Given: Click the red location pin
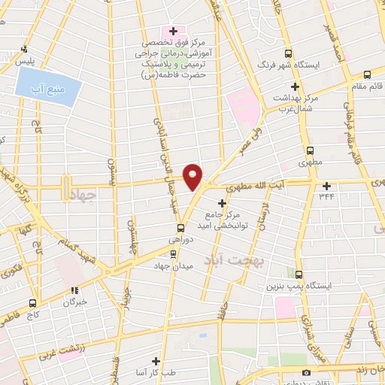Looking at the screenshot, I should [x=193, y=177].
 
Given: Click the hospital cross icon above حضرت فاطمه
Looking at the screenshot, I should [x=174, y=32].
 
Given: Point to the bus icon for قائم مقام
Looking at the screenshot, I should [x=367, y=74].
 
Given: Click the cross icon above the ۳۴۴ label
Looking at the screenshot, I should [x=326, y=185].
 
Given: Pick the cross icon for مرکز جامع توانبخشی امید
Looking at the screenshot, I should [x=221, y=203].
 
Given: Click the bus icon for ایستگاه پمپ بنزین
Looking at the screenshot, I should [x=299, y=274].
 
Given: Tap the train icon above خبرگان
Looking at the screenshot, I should [x=74, y=290].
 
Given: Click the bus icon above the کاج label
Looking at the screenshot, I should [x=32, y=303].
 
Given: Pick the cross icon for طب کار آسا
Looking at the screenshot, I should [x=156, y=362].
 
